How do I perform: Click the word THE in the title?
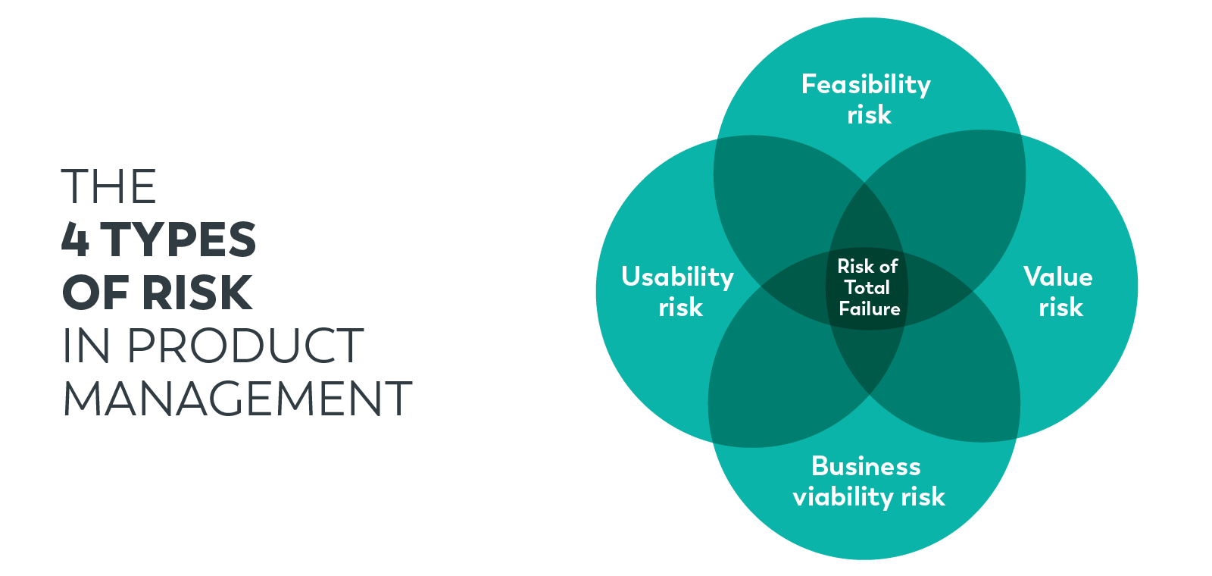click(x=108, y=186)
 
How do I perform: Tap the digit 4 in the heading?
click(x=75, y=239)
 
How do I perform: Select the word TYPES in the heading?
click(x=179, y=239)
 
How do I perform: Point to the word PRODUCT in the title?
click(x=245, y=346)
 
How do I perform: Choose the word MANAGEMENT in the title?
click(x=237, y=399)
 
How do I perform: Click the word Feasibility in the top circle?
click(x=866, y=84)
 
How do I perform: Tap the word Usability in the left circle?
click(x=677, y=277)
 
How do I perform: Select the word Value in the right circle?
click(x=1057, y=277)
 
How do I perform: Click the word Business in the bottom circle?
click(x=866, y=466)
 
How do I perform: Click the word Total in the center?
click(x=867, y=288)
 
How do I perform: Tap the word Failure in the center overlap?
click(x=869, y=309)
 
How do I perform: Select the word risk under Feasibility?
click(x=869, y=115)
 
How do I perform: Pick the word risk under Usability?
click(x=680, y=308)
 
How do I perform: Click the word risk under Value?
click(x=1060, y=308)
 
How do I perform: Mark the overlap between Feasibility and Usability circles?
click(x=780, y=205)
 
